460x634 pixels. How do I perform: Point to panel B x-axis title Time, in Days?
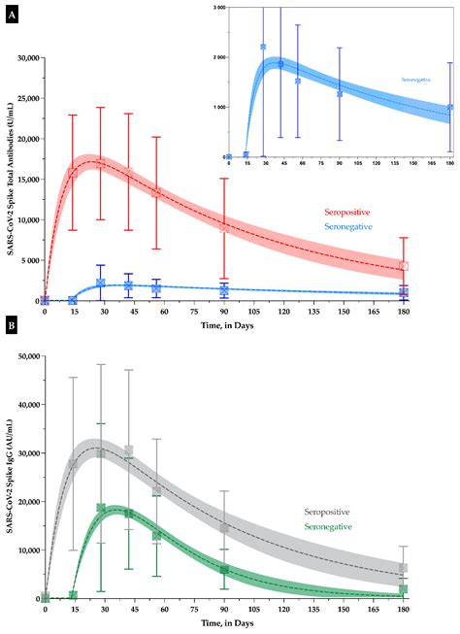pos(238,626)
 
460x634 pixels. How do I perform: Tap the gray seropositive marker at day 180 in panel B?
pos(431,569)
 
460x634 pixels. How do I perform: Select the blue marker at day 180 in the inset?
pos(449,108)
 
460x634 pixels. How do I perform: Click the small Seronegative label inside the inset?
pos(416,78)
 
